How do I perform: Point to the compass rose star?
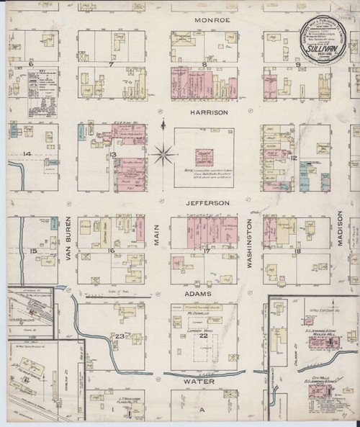click(x=164, y=153)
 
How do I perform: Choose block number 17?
click(x=205, y=251)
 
